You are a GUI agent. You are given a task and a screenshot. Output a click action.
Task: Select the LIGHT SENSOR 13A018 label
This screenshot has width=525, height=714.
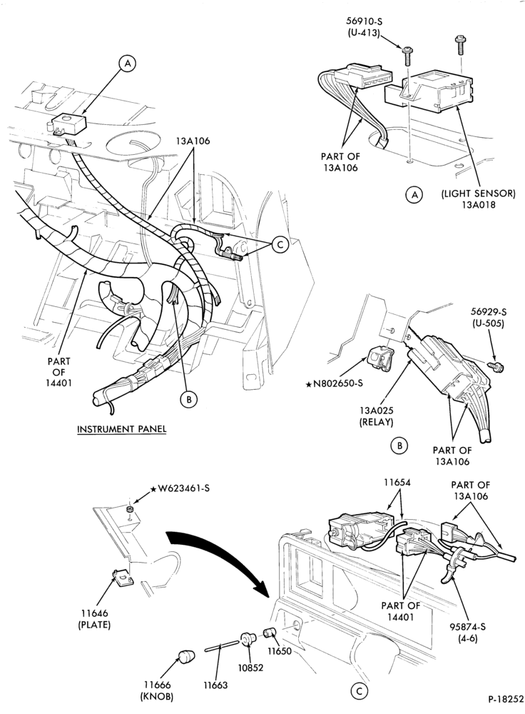(x=478, y=198)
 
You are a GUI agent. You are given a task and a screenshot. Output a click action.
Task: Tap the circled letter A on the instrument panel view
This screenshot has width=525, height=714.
(x=128, y=64)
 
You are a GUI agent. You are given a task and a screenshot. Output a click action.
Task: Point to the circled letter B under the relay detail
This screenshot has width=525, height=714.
(x=400, y=446)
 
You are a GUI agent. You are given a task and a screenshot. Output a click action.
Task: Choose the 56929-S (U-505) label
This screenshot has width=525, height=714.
(x=489, y=318)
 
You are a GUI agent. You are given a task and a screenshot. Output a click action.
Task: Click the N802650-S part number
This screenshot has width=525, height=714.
(x=335, y=383)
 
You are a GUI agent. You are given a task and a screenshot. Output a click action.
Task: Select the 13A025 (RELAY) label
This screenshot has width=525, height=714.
(x=376, y=416)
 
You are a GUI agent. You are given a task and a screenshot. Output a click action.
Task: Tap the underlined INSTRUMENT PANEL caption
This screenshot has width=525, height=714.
(x=121, y=429)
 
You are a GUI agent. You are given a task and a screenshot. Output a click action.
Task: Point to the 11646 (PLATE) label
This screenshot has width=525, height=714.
(x=93, y=619)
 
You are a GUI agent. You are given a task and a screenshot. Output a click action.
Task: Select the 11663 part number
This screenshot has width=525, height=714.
(x=215, y=685)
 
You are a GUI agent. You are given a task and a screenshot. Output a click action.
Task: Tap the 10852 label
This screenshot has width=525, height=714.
(x=250, y=668)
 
